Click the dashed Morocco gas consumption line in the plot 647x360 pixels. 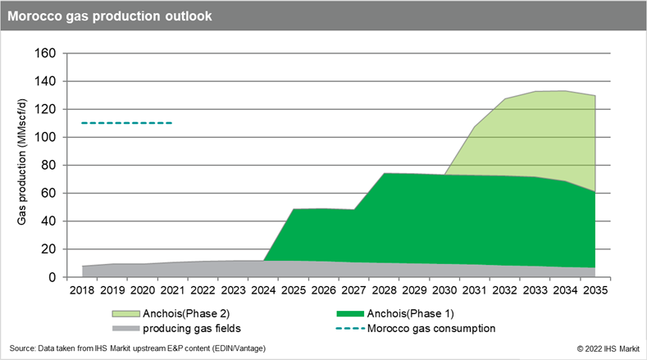(127, 123)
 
